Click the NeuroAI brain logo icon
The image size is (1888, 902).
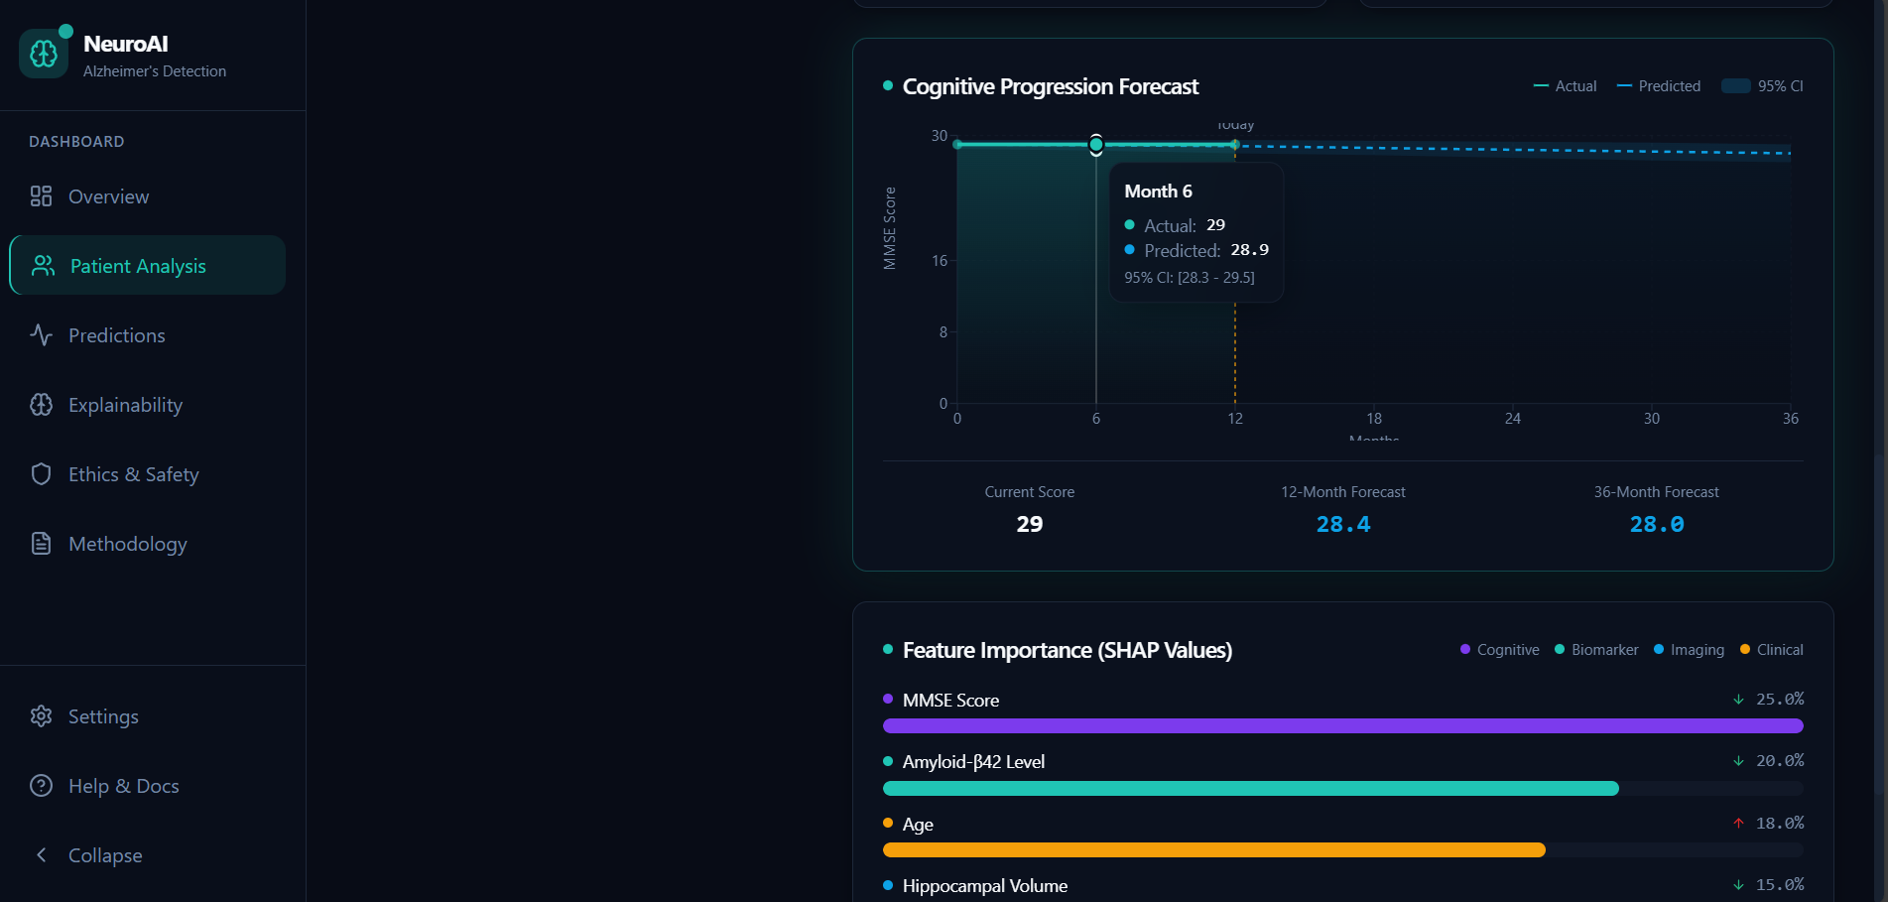[44, 54]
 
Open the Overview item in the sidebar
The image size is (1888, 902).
[108, 196]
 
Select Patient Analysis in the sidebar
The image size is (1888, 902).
[138, 266]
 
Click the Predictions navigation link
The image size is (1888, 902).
[116, 335]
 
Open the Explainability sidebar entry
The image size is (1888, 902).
[125, 405]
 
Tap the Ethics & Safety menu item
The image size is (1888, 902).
[133, 474]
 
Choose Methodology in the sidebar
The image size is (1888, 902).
[127, 544]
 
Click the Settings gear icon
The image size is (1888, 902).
[41, 716]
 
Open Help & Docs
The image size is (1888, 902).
[123, 786]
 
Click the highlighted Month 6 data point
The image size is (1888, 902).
[1095, 145]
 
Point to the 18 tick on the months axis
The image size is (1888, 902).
[1373, 419]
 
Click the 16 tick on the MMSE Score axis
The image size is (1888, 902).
[940, 261]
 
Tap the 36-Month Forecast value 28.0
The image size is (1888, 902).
[1656, 524]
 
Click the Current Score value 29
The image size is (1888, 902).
[1029, 524]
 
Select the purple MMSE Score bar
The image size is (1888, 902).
[1342, 726]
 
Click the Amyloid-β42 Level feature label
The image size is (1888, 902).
[973, 762]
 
